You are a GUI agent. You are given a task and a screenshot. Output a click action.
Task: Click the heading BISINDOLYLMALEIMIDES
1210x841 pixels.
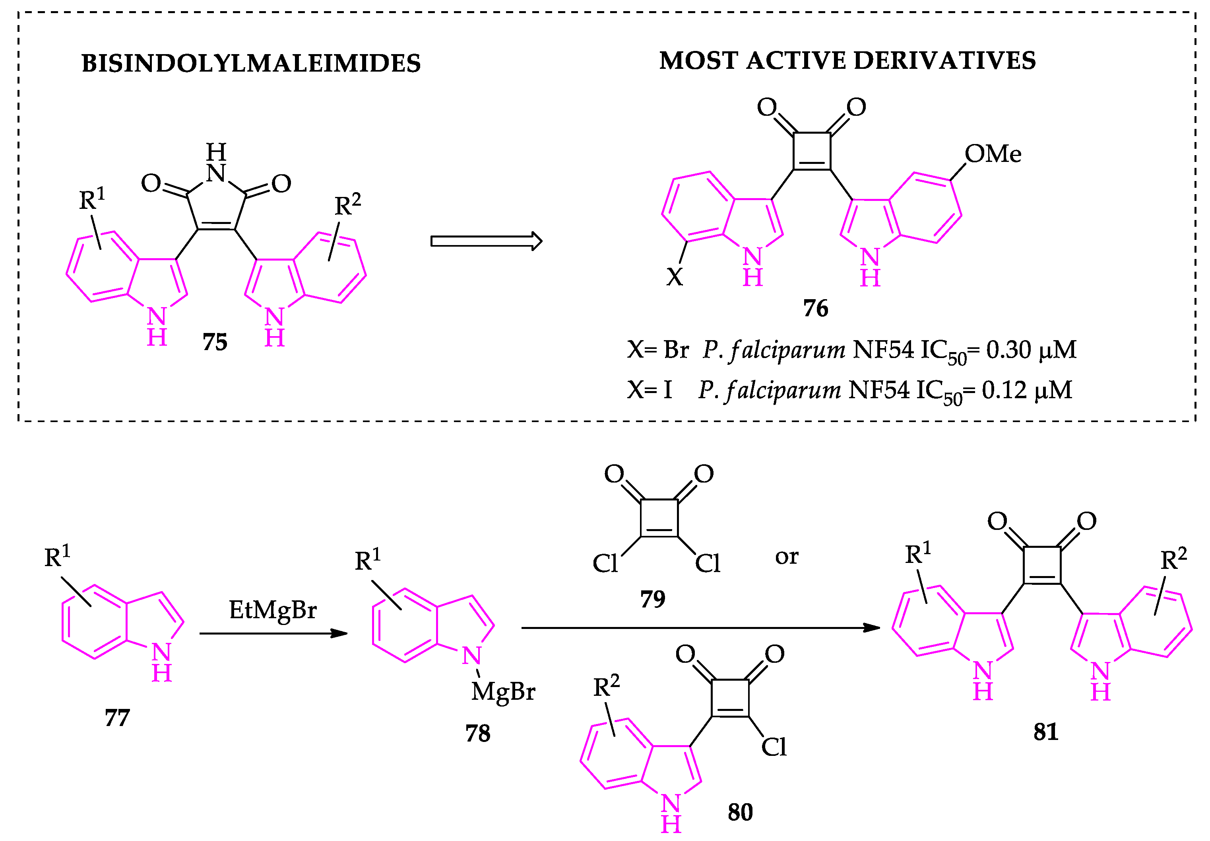pos(251,64)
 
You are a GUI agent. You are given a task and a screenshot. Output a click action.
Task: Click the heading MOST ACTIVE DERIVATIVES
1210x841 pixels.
pos(847,61)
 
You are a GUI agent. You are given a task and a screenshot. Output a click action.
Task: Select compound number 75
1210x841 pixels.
pos(215,343)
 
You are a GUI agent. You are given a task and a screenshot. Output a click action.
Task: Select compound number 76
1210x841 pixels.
pos(815,308)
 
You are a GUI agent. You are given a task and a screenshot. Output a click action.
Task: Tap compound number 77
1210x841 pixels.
pos(117,718)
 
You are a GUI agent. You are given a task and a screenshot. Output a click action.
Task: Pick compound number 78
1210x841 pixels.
pos(477,734)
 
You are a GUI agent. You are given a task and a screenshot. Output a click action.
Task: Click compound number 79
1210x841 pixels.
pos(652,599)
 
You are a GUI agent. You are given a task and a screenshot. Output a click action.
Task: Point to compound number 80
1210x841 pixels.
pos(740,812)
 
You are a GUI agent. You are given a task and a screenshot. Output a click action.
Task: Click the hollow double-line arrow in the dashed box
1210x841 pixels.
pos(485,241)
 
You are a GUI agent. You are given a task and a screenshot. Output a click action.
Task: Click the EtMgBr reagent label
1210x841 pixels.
pos(272,610)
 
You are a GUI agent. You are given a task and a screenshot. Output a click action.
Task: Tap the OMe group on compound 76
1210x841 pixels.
pos(993,154)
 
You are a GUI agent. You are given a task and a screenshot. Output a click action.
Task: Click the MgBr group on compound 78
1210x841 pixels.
pos(503,692)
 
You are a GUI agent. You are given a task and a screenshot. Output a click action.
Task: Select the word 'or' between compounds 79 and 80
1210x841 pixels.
pos(786,557)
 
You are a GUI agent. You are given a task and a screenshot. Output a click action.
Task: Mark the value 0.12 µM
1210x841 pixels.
pos(1026,391)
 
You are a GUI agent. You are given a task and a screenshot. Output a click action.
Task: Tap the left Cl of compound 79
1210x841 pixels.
pos(605,563)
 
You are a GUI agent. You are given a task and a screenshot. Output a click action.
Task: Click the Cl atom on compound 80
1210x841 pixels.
pos(774,747)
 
